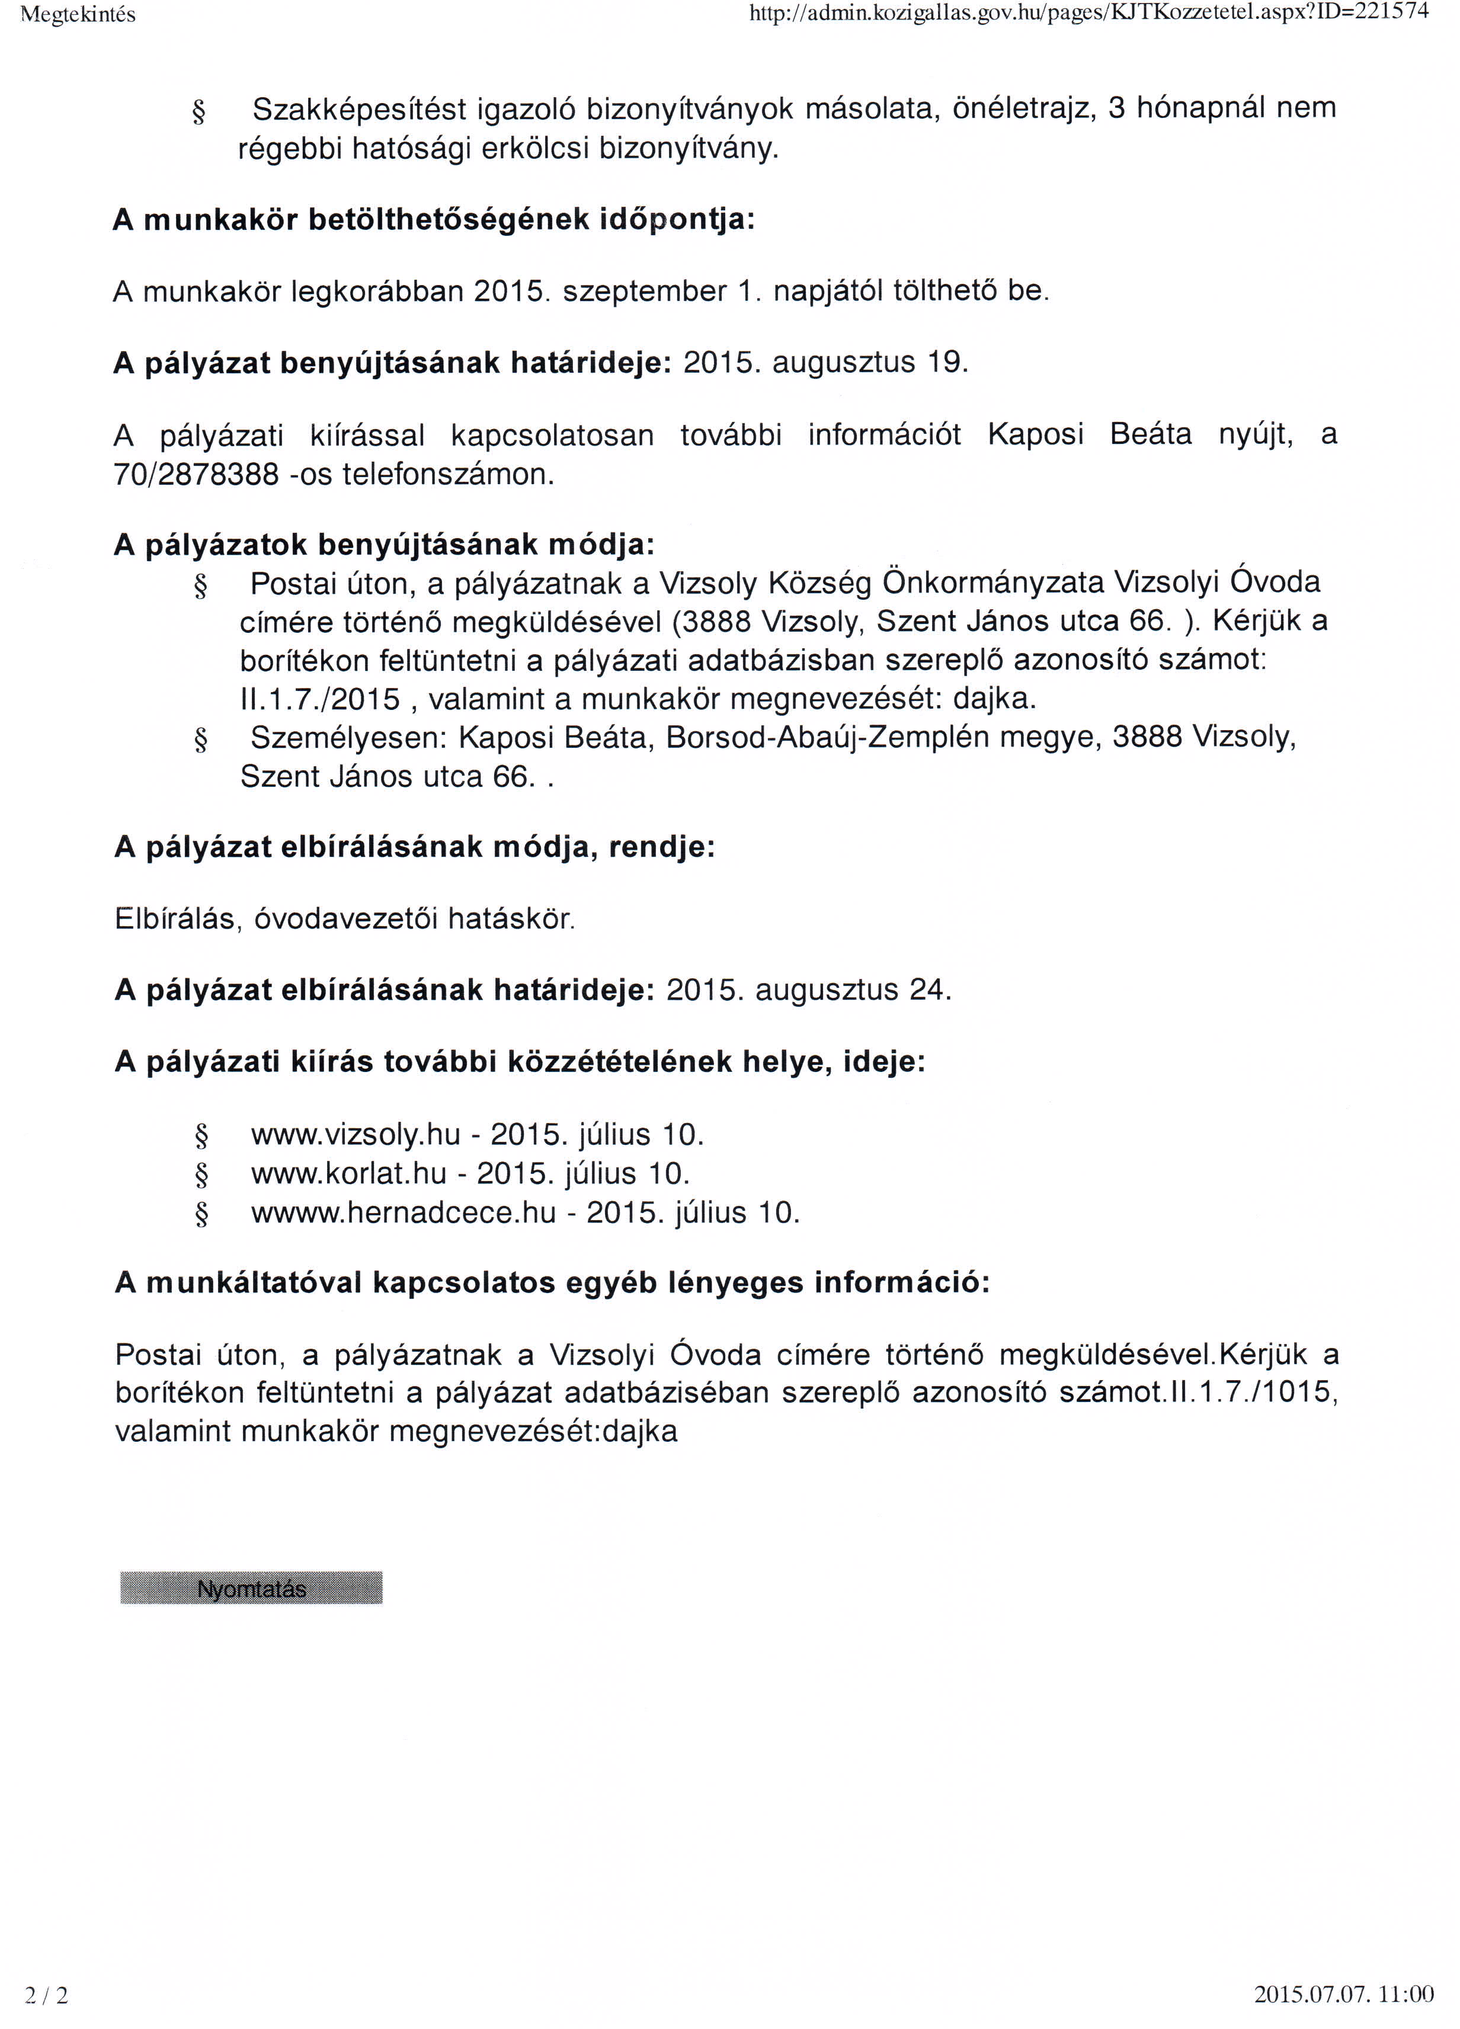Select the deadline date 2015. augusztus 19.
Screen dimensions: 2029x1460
point(825,362)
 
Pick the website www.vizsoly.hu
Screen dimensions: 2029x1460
point(355,1134)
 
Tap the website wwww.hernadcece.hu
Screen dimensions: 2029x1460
point(404,1213)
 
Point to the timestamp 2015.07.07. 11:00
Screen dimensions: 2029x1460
point(1344,1993)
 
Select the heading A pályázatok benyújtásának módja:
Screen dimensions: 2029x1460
point(385,545)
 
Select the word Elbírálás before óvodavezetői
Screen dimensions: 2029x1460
point(175,919)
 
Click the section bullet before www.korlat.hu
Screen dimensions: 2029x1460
point(201,1174)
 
